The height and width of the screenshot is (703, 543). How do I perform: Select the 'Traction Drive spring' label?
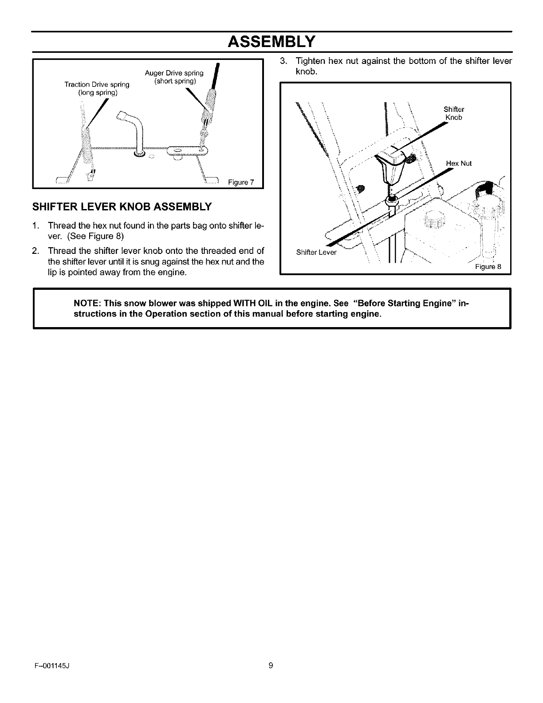(97, 84)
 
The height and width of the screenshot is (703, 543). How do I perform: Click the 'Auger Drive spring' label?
(174, 73)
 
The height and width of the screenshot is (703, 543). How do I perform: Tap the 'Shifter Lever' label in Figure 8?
(316, 253)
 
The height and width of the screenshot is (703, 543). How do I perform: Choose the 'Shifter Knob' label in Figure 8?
(453, 114)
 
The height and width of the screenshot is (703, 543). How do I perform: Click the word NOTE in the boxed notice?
(87, 304)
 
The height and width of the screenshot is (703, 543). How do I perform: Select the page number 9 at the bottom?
(271, 665)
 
